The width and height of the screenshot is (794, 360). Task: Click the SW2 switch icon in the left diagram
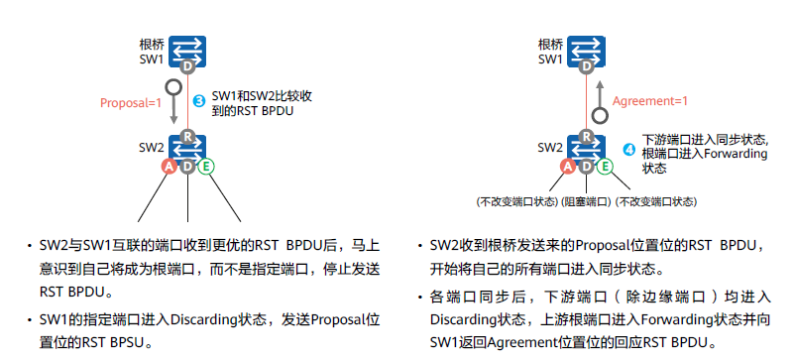click(186, 149)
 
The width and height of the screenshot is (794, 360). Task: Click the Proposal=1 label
click(130, 101)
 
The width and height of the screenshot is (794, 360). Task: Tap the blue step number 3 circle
click(198, 101)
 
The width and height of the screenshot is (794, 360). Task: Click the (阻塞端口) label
click(587, 201)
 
